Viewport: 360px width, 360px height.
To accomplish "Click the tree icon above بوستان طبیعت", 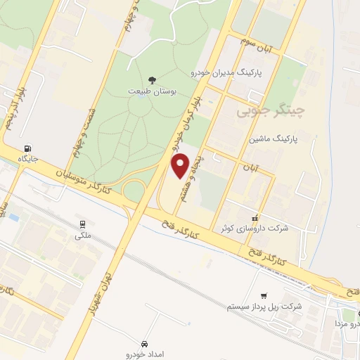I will coord(153,79).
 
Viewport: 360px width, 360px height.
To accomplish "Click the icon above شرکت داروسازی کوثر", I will coord(255,217).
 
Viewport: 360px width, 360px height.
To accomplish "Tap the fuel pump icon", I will coord(27,148).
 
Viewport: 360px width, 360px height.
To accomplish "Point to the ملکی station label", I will coord(83,236).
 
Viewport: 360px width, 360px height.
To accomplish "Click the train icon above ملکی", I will coord(83,224).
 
